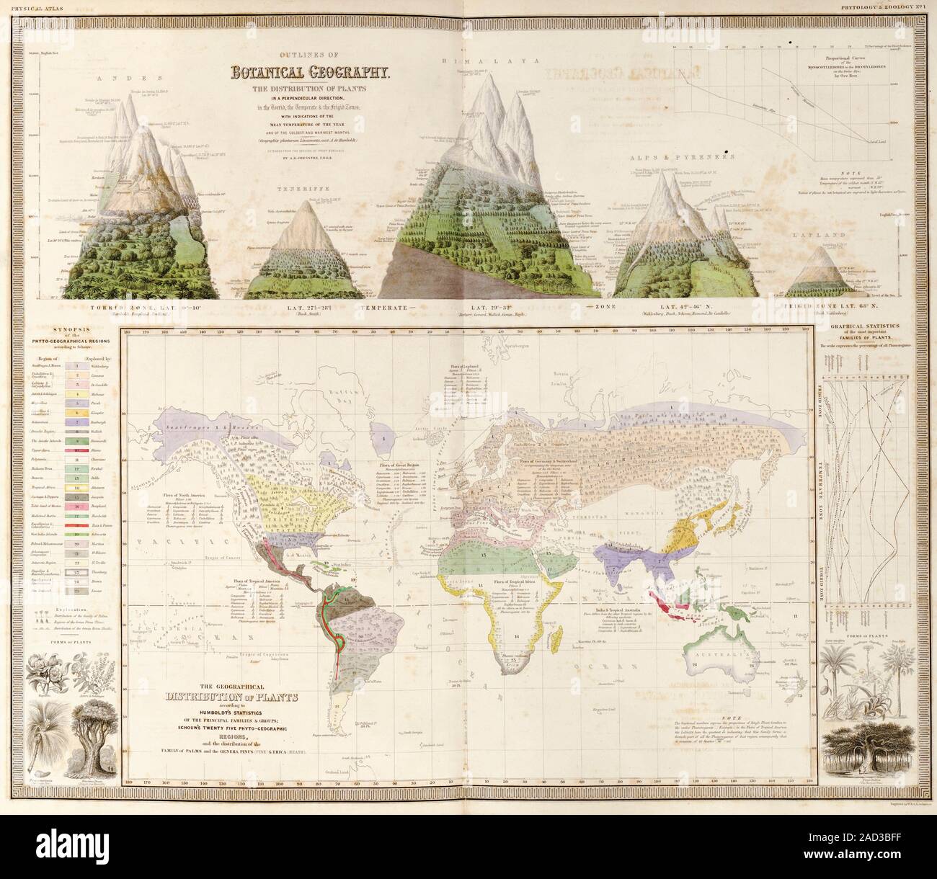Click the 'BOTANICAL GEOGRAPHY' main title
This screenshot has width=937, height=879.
click(x=311, y=72)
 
